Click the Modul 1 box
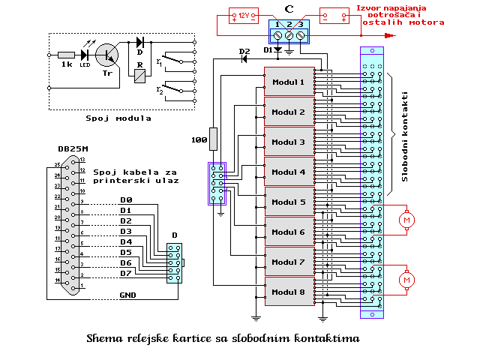[x=288, y=82]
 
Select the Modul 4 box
[x=288, y=172]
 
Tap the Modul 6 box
[x=288, y=232]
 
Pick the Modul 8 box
[x=288, y=292]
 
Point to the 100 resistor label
[x=199, y=139]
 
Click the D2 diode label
[x=243, y=51]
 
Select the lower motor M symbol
[x=407, y=280]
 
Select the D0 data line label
[x=126, y=200]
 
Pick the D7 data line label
[x=126, y=273]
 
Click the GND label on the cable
[x=128, y=295]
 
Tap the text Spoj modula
[x=118, y=118]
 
